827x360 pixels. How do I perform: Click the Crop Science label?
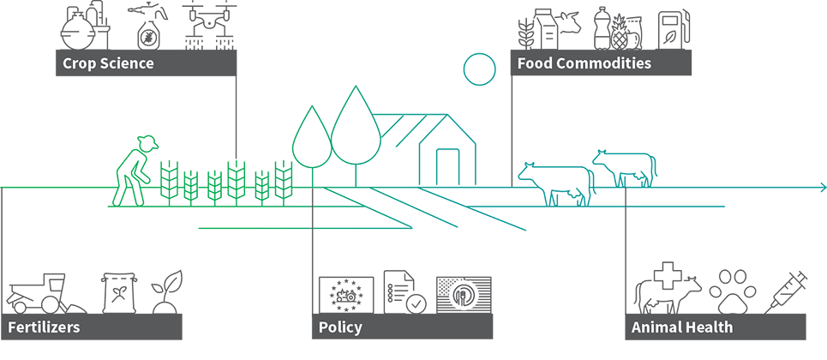(108, 63)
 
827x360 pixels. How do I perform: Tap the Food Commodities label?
(584, 63)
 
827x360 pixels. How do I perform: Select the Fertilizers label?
(44, 327)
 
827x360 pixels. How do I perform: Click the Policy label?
(340, 327)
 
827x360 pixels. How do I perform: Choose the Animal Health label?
(682, 327)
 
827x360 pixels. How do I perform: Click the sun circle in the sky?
(479, 69)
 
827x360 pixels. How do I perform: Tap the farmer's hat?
(147, 141)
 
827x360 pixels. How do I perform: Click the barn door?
(448, 167)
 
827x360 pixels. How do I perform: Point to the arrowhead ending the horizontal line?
(823, 188)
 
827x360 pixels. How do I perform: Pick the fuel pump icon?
(673, 29)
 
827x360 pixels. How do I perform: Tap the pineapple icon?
(620, 33)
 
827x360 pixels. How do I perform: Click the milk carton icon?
(545, 29)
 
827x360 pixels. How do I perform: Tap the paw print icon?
(732, 292)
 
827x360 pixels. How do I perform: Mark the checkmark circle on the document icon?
(416, 303)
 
